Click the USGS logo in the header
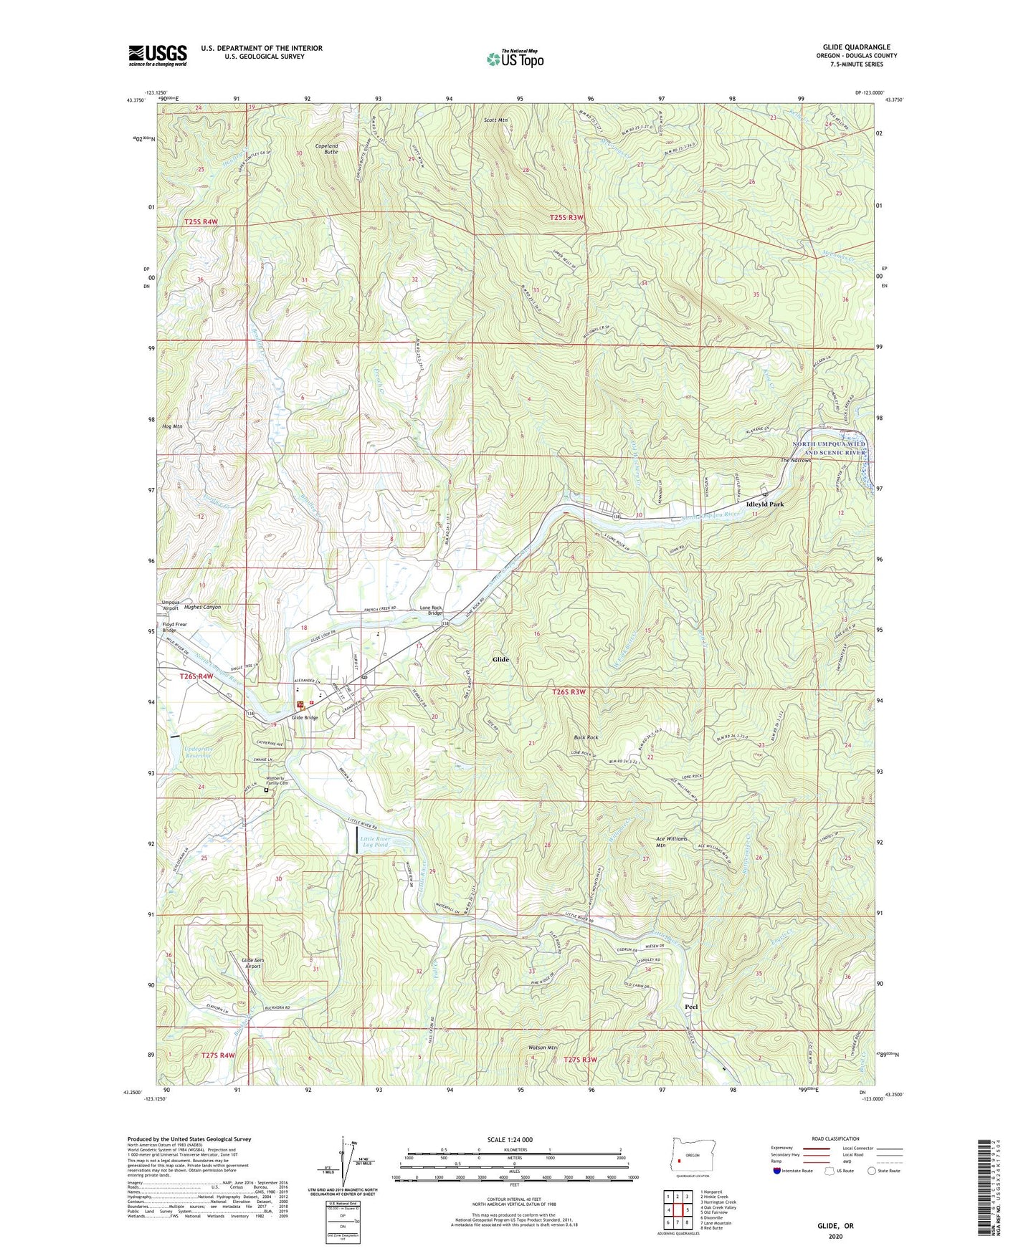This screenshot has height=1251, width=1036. click(158, 55)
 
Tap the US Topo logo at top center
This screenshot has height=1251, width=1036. click(514, 59)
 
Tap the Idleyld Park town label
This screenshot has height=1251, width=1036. click(765, 504)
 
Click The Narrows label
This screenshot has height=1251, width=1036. click(796, 461)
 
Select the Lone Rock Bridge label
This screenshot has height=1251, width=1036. click(430, 610)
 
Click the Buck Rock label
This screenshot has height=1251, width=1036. click(586, 737)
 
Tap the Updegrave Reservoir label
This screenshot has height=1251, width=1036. click(197, 752)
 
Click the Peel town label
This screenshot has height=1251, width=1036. click(691, 1007)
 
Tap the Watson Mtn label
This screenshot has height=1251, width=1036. click(543, 1048)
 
